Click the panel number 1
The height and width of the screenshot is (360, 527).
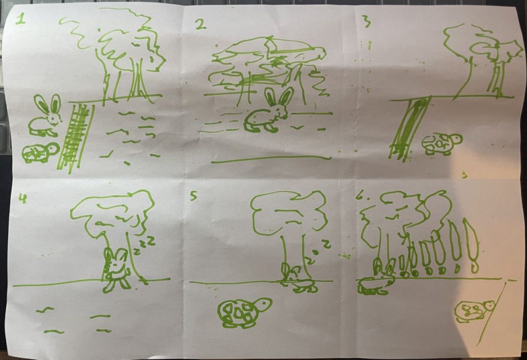21,19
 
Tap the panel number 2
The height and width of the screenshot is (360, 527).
201,25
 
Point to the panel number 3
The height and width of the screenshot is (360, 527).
367,22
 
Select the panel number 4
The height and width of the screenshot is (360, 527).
23,199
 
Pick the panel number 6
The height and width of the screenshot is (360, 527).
361,196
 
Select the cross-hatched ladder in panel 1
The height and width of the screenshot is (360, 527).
75,138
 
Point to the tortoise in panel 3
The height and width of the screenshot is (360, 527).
442,144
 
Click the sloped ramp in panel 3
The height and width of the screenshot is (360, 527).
409,128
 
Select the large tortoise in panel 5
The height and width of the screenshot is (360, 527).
244,313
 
